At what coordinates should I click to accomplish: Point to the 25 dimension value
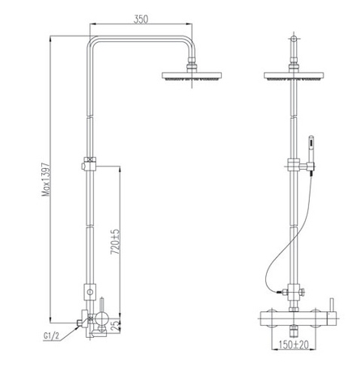116,324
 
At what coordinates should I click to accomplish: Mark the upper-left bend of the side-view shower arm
90,42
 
